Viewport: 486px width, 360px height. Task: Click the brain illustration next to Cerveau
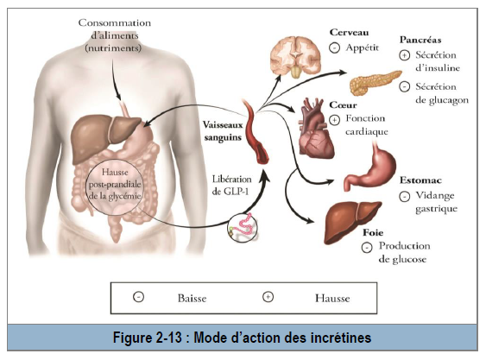point(295,57)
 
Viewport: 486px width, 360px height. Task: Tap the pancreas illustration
point(375,82)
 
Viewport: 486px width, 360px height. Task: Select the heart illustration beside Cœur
point(316,128)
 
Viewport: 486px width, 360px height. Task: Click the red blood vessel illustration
point(256,132)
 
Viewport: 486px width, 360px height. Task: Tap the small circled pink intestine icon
point(243,227)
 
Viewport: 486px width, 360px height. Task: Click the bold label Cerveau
point(349,32)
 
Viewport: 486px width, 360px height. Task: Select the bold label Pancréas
point(420,40)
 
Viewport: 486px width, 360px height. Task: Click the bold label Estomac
point(420,180)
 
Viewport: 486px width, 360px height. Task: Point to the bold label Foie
point(373,232)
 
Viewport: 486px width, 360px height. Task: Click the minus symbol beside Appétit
point(334,48)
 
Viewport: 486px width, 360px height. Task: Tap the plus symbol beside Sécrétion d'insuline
point(404,55)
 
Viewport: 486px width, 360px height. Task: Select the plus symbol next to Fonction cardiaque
point(334,120)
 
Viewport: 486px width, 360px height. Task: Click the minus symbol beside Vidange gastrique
point(405,197)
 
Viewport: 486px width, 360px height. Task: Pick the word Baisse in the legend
point(193,299)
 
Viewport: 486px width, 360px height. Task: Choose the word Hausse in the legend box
point(332,299)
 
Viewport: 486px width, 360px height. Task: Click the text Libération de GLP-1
point(231,186)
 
